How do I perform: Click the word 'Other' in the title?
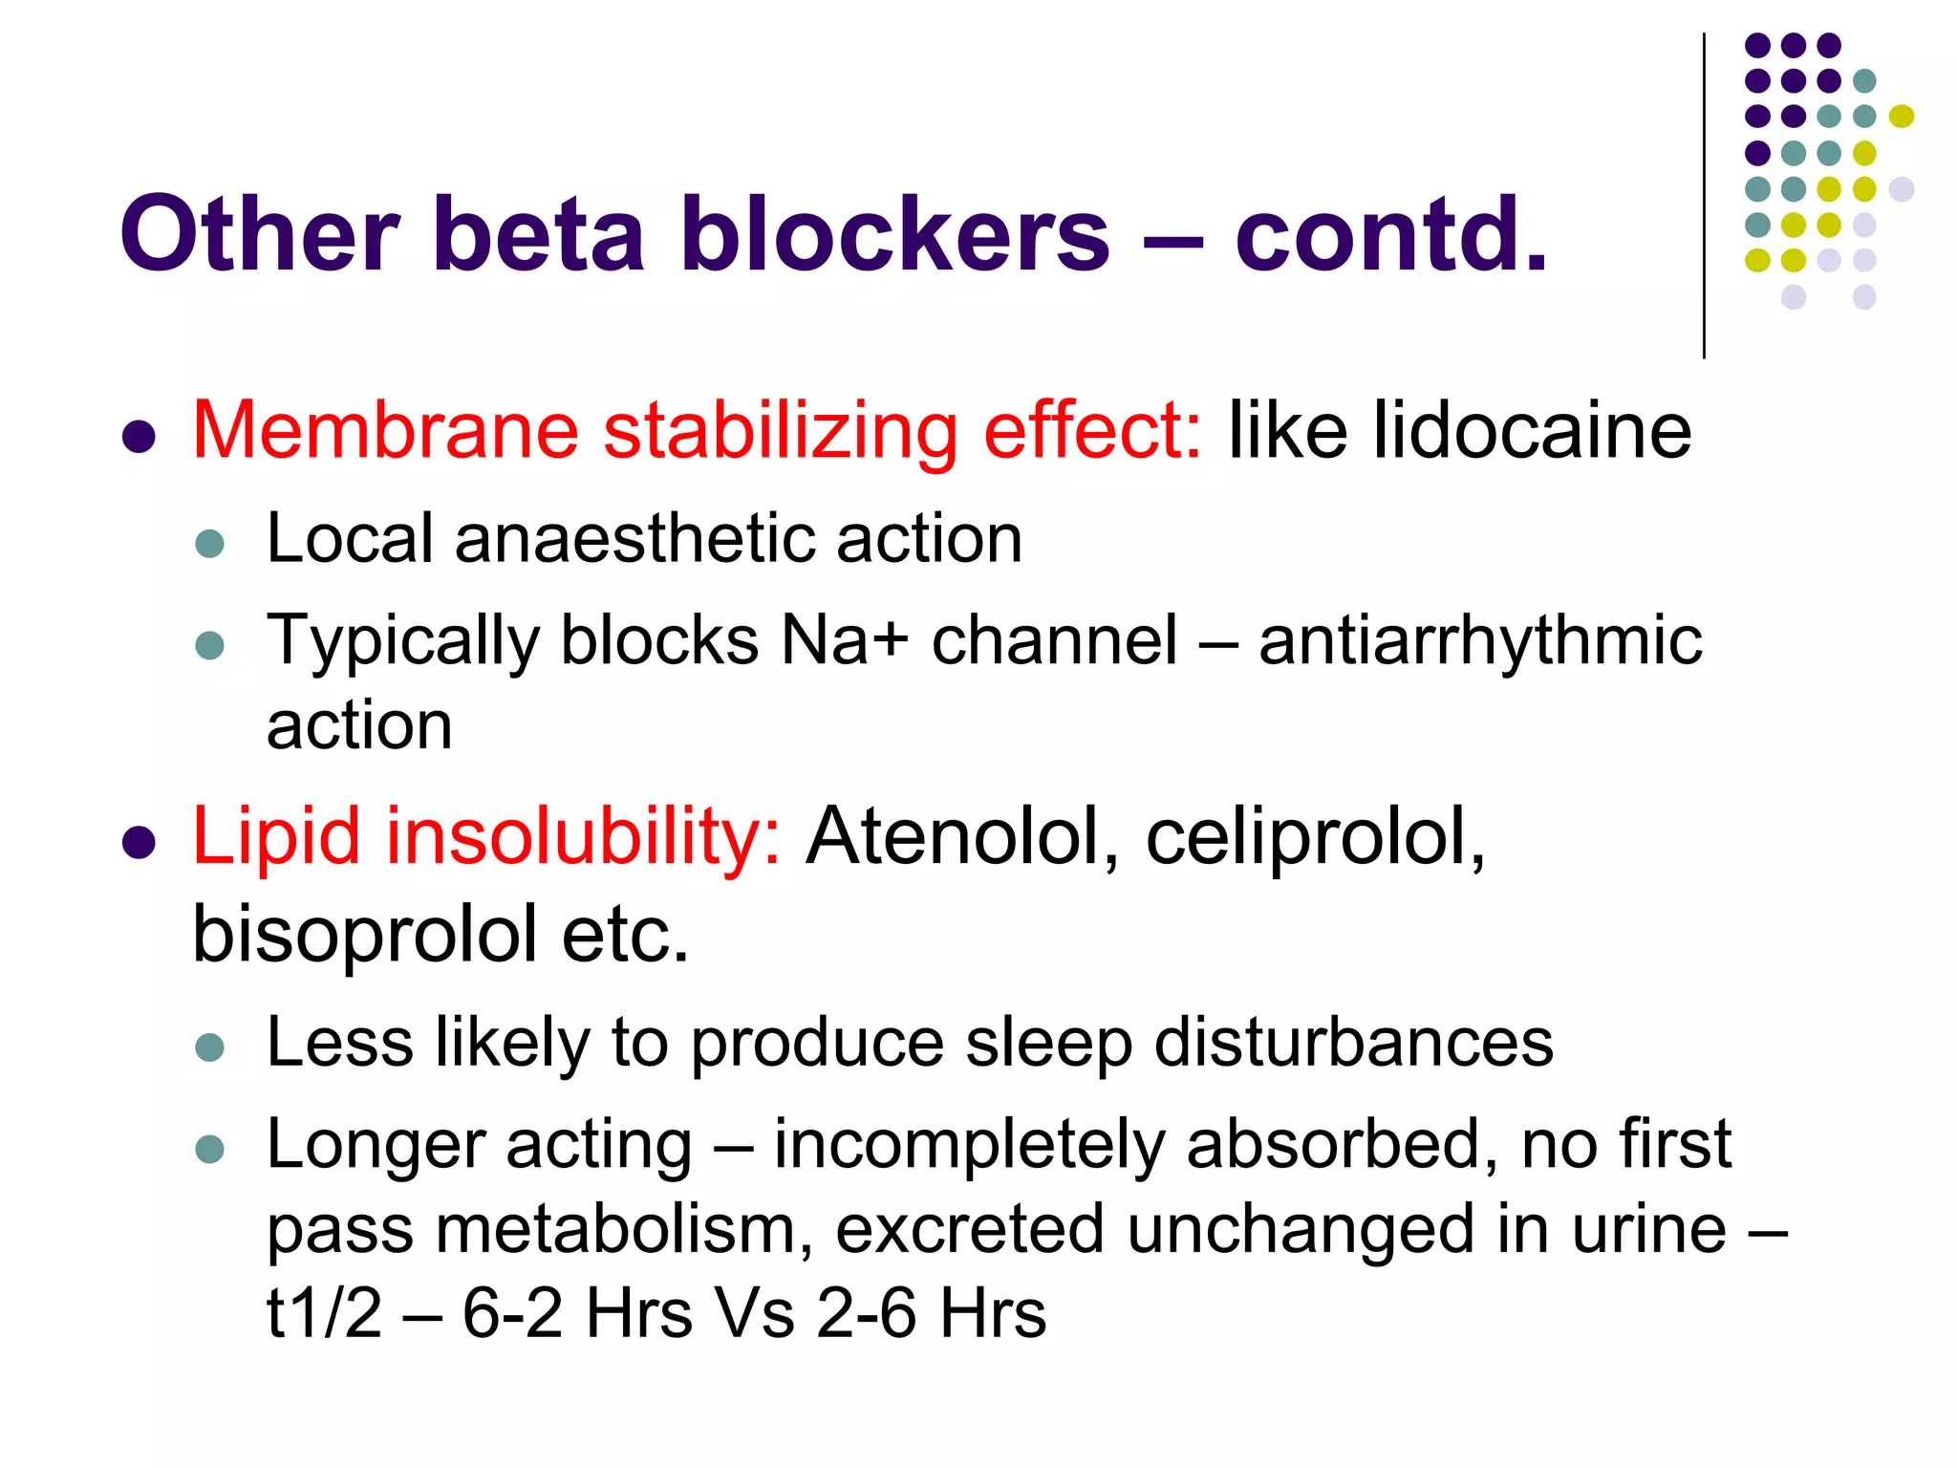click(x=258, y=234)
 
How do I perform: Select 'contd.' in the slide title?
click(x=1391, y=234)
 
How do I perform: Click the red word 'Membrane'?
click(x=385, y=431)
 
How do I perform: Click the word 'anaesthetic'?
click(x=634, y=539)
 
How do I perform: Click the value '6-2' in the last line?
click(x=512, y=1313)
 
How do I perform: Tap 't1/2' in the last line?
click(x=324, y=1313)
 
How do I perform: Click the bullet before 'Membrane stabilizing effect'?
click(x=140, y=437)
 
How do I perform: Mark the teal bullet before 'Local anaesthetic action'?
click(x=209, y=545)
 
